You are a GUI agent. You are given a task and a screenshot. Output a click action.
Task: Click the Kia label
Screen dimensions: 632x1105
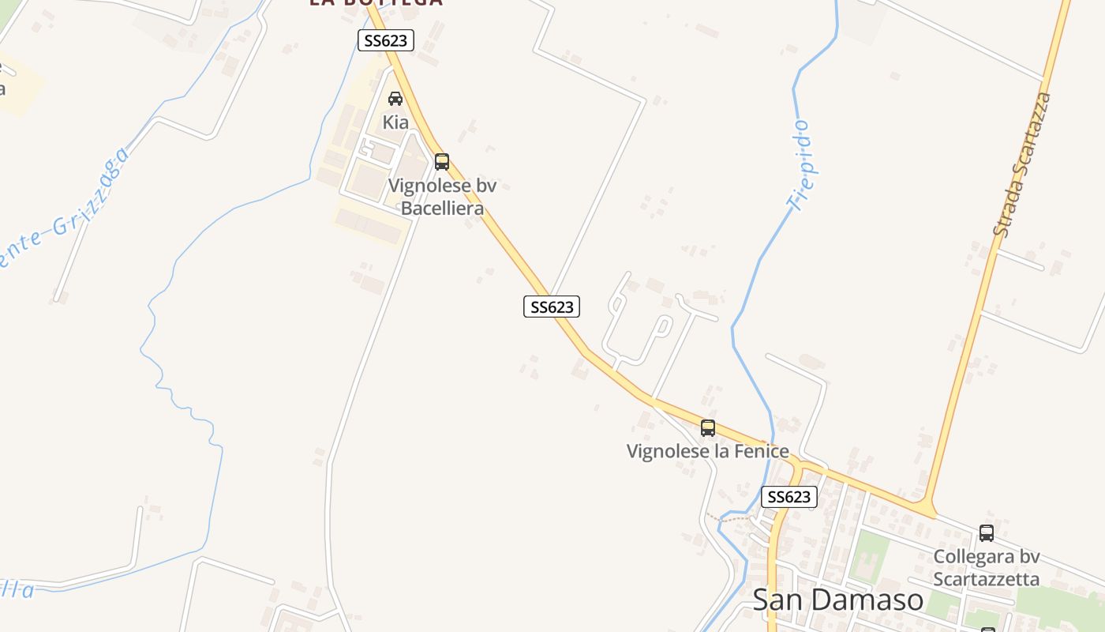[395, 122]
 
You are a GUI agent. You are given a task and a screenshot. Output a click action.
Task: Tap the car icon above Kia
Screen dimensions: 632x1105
[395, 99]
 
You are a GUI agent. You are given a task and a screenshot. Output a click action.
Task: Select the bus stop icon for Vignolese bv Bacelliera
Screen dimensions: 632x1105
[442, 162]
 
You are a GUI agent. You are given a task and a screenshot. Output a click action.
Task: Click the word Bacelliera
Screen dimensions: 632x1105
[442, 209]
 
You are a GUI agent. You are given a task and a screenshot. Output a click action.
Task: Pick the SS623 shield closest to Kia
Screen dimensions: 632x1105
[386, 40]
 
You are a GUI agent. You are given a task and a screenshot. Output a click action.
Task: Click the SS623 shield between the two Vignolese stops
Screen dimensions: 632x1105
[552, 307]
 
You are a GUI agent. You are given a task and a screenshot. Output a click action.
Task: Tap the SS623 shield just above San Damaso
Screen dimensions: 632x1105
[788, 497]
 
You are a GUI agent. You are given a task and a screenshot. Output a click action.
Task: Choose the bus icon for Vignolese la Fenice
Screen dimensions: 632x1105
[708, 428]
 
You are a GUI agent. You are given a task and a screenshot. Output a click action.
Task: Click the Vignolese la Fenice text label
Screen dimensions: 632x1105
[707, 451]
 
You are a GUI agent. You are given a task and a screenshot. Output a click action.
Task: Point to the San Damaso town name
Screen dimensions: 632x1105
[837, 600]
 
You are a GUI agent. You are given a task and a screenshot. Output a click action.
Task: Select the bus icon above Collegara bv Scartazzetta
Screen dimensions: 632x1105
[987, 533]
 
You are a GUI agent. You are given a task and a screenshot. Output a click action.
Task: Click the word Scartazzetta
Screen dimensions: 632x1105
[987, 579]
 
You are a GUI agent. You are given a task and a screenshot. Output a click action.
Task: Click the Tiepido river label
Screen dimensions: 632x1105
[800, 166]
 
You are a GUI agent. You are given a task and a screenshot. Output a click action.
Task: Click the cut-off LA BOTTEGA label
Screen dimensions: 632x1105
[375, 2]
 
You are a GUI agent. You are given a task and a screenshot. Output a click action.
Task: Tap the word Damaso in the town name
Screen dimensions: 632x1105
[877, 600]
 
